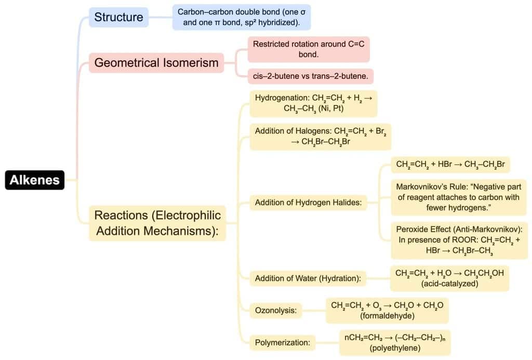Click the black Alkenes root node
[x=34, y=180]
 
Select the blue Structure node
[x=118, y=17]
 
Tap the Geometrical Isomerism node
[x=156, y=63]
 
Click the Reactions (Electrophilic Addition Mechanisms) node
[x=157, y=223]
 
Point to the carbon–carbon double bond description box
[x=242, y=17]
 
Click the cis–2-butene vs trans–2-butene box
[x=310, y=76]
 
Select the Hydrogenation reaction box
[x=313, y=103]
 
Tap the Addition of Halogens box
[x=320, y=136]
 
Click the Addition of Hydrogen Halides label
[x=308, y=203]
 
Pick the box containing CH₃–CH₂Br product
[x=450, y=165]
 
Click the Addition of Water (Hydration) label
[x=308, y=278]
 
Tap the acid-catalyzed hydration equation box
[x=449, y=278]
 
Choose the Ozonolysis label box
[x=275, y=311]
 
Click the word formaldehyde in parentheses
[x=387, y=316]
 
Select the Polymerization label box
[x=282, y=342]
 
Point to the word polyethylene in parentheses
[x=395, y=348]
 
